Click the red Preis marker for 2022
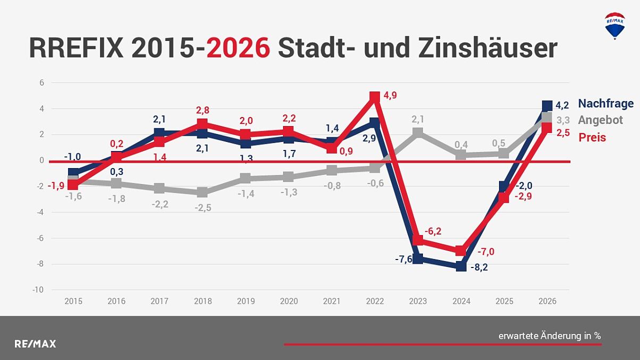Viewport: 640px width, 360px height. [375, 97]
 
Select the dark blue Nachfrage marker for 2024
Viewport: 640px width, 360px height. [461, 266]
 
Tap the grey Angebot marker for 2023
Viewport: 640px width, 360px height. [418, 132]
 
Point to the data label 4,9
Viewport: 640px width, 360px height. [389, 96]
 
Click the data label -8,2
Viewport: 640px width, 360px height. [479, 267]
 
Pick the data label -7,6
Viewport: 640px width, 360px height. [404, 259]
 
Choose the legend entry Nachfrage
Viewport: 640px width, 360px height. [605, 103]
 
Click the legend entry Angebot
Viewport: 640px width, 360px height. [600, 120]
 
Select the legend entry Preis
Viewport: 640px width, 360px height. [592, 137]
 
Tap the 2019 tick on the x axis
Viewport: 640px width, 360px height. [246, 301]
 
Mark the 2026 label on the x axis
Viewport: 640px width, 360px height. [547, 301]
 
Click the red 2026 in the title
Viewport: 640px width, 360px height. [238, 48]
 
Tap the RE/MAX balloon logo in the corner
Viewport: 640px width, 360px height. [614, 25]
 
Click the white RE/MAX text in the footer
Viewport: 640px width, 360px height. [35, 344]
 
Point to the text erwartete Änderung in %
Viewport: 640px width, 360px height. [549, 336]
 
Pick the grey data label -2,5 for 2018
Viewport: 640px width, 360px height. [203, 208]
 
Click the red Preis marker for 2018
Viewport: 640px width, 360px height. [202, 124]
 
